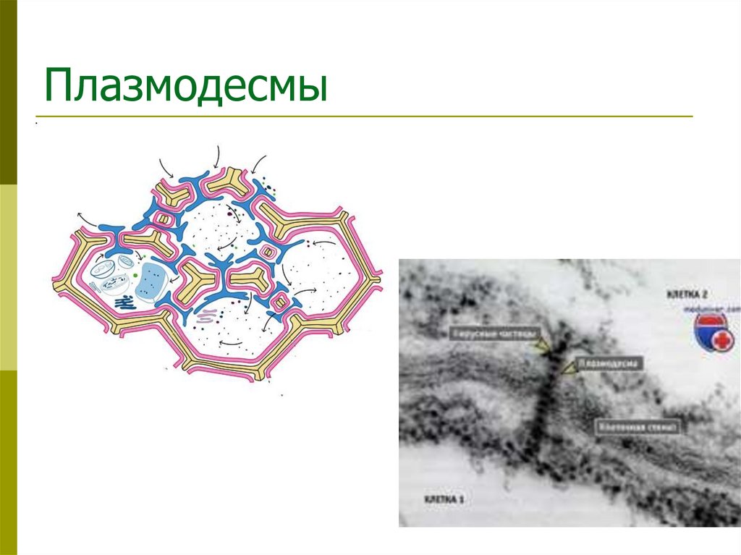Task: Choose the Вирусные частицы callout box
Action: click(x=494, y=334)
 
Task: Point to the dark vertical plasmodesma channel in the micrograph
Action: click(x=542, y=405)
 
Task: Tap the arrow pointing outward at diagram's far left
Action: click(x=86, y=218)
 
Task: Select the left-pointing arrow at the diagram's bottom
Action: click(x=230, y=342)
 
